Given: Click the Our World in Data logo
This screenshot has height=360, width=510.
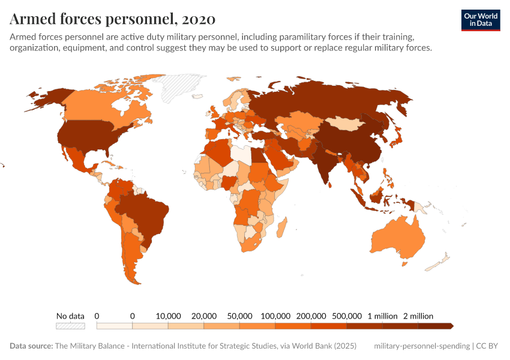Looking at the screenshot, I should click(480, 19).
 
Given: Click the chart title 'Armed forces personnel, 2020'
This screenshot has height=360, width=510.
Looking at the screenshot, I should click(112, 19).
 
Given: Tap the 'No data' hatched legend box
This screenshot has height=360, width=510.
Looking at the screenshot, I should click(70, 326).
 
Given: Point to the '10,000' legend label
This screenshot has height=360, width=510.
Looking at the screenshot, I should click(168, 316).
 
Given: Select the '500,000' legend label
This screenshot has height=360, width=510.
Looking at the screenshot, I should click(347, 316).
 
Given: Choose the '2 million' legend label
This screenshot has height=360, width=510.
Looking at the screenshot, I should click(418, 316).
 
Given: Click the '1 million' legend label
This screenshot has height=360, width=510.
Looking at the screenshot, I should click(382, 316).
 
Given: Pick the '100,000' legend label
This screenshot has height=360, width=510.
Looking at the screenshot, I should click(275, 316).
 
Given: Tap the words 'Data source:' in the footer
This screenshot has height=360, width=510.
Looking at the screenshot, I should click(31, 346).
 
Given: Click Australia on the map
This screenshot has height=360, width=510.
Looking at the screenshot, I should click(399, 237).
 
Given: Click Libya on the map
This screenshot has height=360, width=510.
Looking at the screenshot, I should click(241, 155).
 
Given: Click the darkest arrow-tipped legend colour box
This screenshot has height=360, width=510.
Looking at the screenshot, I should click(435, 326).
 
